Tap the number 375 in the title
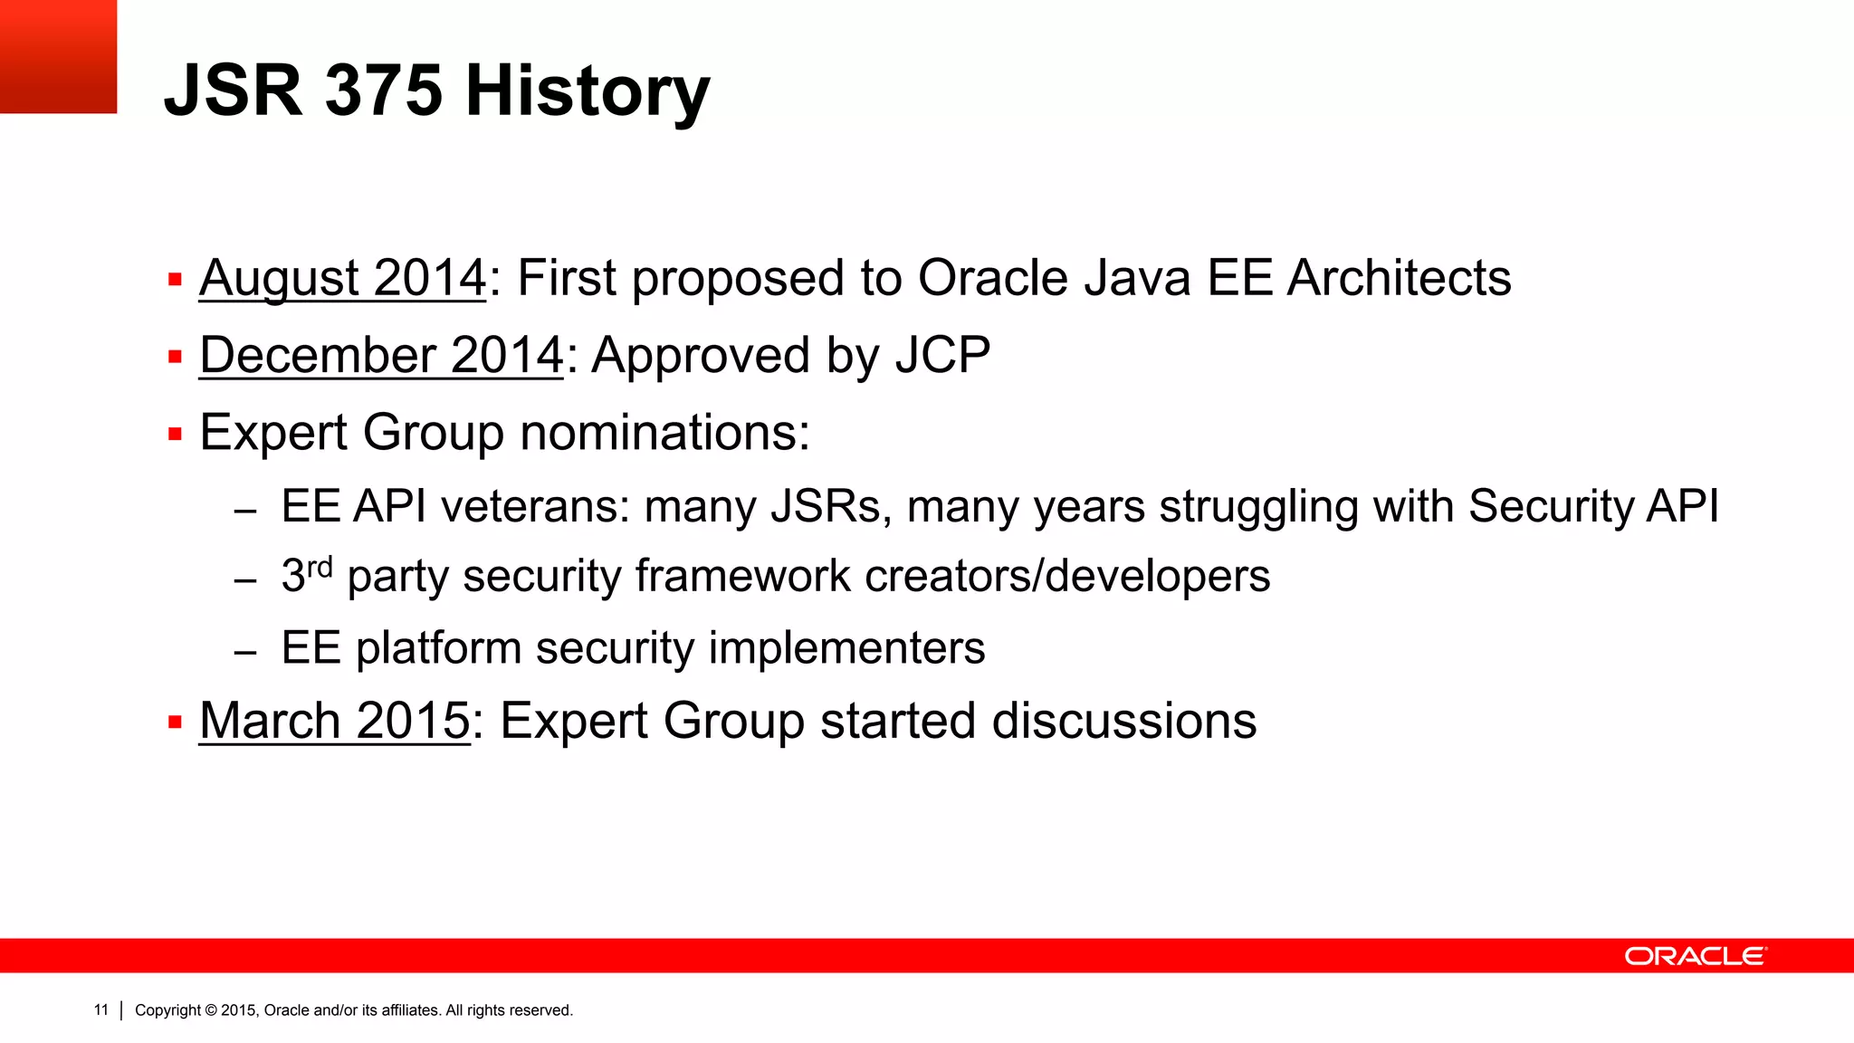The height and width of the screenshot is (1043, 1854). (x=383, y=92)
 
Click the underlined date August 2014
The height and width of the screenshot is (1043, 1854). (x=342, y=278)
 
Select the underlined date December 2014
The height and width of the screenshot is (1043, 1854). (x=381, y=355)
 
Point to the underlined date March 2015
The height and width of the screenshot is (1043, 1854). (x=334, y=721)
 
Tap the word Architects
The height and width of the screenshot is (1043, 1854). (x=1399, y=278)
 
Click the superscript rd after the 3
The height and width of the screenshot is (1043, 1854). (x=320, y=568)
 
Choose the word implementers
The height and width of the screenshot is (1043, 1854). (x=846, y=648)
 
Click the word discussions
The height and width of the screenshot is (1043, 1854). (x=1123, y=721)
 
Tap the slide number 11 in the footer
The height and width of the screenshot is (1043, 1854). (x=100, y=1010)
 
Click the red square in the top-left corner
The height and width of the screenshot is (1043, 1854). (x=58, y=56)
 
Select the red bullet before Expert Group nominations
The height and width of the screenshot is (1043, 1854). (x=176, y=435)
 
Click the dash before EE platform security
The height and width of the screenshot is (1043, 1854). (x=245, y=652)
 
